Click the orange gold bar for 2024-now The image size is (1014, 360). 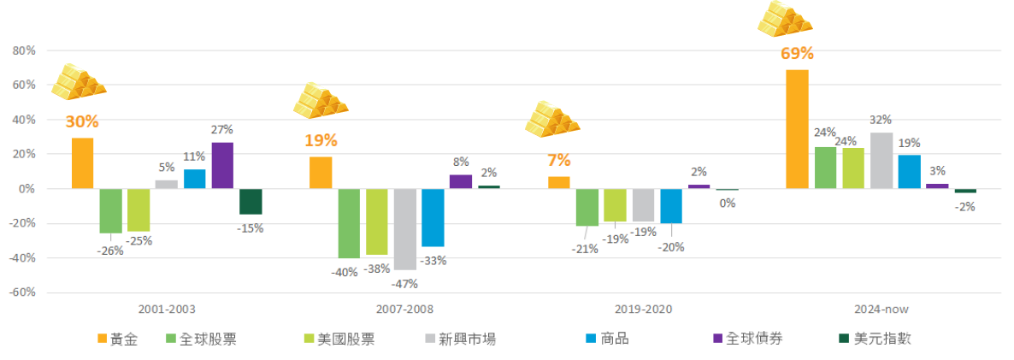pyautogui.click(x=797, y=129)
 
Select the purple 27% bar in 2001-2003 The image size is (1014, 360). pyautogui.click(x=222, y=165)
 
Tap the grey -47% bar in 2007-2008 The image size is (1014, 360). pyautogui.click(x=405, y=229)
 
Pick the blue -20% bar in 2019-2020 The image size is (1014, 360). pyautogui.click(x=671, y=206)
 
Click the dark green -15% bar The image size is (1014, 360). pyautogui.click(x=251, y=202)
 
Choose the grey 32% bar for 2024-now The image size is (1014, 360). pyautogui.click(x=881, y=161)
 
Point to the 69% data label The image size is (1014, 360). pyautogui.click(x=797, y=54)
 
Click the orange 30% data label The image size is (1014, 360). pyautogui.click(x=82, y=121)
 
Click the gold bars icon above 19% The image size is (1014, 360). pyautogui.click(x=320, y=100)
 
